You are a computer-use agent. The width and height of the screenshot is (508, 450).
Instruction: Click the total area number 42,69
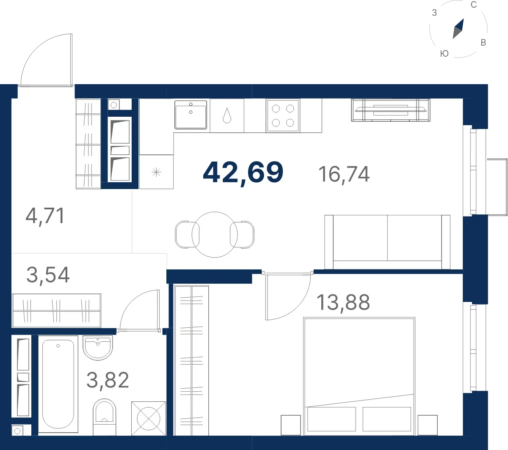pyautogui.click(x=243, y=173)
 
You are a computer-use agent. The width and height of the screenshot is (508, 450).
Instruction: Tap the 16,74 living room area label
pyautogui.click(x=344, y=174)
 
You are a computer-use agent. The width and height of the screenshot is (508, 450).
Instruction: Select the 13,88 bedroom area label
pyautogui.click(x=343, y=302)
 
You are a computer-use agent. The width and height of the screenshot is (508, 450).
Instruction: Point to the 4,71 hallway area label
pyautogui.click(x=45, y=216)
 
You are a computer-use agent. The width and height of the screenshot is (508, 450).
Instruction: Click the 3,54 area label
pyautogui.click(x=48, y=275)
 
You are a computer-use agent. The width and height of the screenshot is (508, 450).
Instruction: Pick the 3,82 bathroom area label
pyautogui.click(x=108, y=380)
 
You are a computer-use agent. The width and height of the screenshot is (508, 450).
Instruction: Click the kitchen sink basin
pyautogui.click(x=191, y=115)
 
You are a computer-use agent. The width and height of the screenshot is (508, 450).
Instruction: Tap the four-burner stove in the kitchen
pyautogui.click(x=283, y=115)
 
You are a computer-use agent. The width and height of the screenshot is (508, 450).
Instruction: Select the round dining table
pyautogui.click(x=215, y=235)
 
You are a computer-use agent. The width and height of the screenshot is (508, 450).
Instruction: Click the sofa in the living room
pyautogui.click(x=387, y=242)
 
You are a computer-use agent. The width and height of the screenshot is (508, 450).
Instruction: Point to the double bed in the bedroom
pyautogui.click(x=359, y=376)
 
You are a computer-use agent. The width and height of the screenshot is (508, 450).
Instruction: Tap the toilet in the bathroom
pyautogui.click(x=104, y=417)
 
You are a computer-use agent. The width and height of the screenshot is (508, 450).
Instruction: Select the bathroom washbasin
pyautogui.click(x=98, y=348)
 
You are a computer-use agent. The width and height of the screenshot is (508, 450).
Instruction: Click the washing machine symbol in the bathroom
pyautogui.click(x=149, y=418)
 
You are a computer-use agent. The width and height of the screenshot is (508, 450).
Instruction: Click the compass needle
pyautogui.click(x=458, y=29)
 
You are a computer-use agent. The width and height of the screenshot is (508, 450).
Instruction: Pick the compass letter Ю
pyautogui.click(x=444, y=54)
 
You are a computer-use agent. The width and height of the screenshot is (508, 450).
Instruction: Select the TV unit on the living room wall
pyautogui.click(x=390, y=110)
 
